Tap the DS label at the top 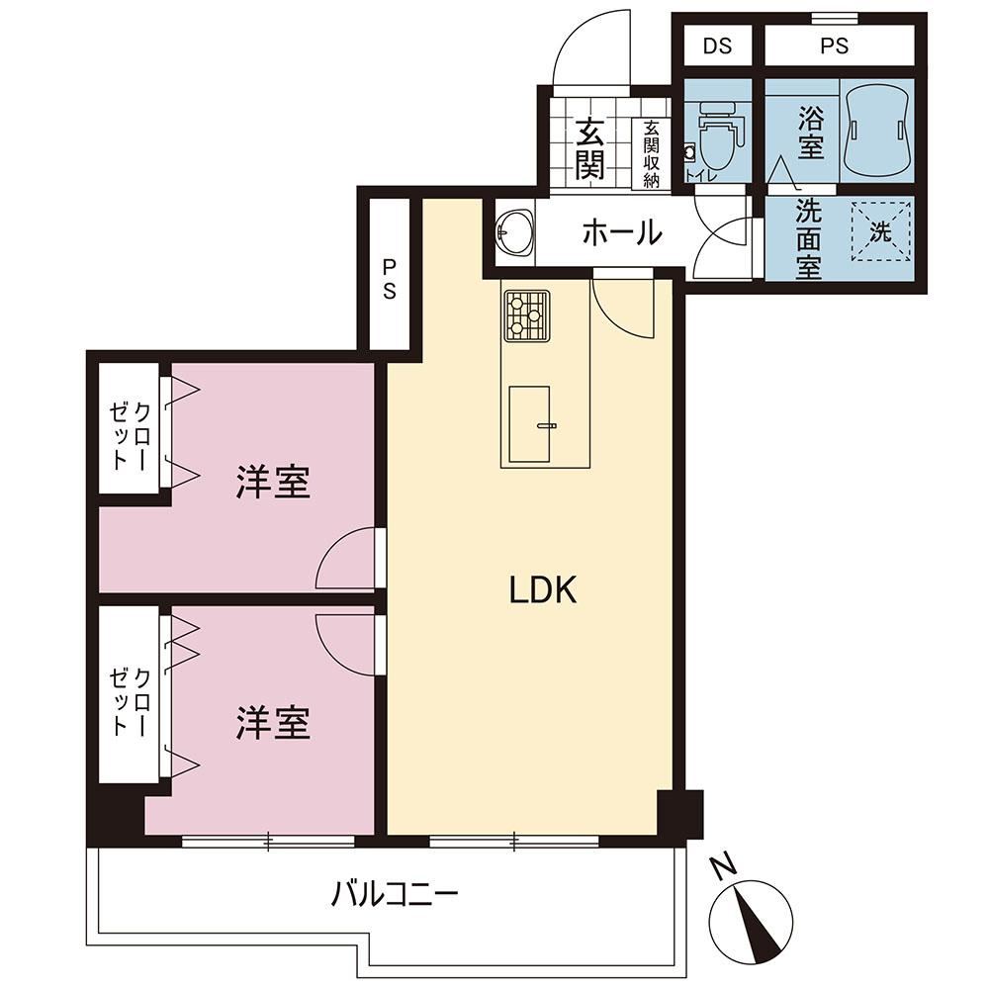pyautogui.click(x=717, y=45)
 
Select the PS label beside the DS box pyautogui.click(x=834, y=45)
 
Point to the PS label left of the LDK pyautogui.click(x=389, y=281)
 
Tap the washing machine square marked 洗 pyautogui.click(x=881, y=230)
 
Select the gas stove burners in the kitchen pyautogui.click(x=526, y=315)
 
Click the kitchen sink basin pyautogui.click(x=529, y=424)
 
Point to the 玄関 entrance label pyautogui.click(x=589, y=149)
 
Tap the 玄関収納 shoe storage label pyautogui.click(x=651, y=154)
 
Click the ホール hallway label pyautogui.click(x=622, y=233)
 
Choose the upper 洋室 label pyautogui.click(x=273, y=483)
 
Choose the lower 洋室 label pyautogui.click(x=273, y=723)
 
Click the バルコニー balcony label pyautogui.click(x=395, y=894)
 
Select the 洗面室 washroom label pyautogui.click(x=808, y=239)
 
